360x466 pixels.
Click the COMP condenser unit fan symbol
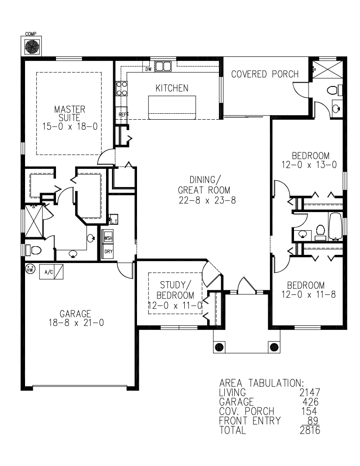pyautogui.click(x=31, y=46)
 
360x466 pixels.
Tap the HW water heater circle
pyautogui.click(x=30, y=269)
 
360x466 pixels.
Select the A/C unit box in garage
pyautogui.click(x=51, y=272)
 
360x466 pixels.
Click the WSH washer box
pyautogui.click(x=108, y=238)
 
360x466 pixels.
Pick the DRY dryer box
pyautogui.click(x=108, y=251)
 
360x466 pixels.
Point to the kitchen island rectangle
pyautogui.click(x=172, y=107)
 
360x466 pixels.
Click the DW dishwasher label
pyautogui.click(x=149, y=69)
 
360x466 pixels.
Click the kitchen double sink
pyautogui.click(x=163, y=66)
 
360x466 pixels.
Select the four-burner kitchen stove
pyautogui.click(x=122, y=89)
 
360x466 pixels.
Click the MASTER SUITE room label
pyautogui.click(x=70, y=113)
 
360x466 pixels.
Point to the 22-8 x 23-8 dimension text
pyautogui.click(x=207, y=200)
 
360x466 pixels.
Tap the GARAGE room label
pyautogui.click(x=75, y=314)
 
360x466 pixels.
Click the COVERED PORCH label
pyautogui.click(x=265, y=74)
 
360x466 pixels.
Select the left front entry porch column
pyautogui.click(x=219, y=346)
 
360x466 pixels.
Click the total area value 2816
pyautogui.click(x=310, y=430)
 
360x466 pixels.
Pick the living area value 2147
pyautogui.click(x=310, y=393)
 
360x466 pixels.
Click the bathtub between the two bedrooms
pyautogui.click(x=335, y=227)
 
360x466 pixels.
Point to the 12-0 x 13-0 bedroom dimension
pyautogui.click(x=309, y=165)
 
